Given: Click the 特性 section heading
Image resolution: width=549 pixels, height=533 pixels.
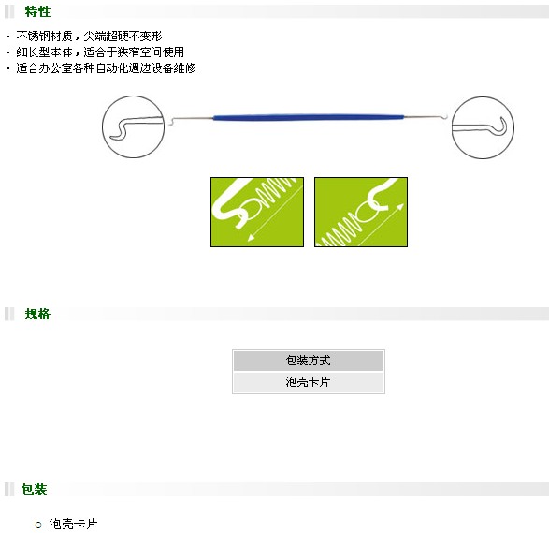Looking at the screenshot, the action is pos(37,11).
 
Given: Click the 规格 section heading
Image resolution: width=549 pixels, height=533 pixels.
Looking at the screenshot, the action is pos(37,314).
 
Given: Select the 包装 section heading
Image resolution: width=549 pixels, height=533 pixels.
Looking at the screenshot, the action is pos(34,489).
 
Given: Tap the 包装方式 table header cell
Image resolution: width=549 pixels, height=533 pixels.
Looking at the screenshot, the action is pos(308,361).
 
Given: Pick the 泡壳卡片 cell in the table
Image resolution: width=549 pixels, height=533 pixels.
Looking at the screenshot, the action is pos(308,382).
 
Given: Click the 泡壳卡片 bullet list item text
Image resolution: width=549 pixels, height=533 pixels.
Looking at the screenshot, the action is pos(73,524).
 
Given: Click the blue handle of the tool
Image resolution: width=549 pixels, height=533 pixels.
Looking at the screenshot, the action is pos(308,117).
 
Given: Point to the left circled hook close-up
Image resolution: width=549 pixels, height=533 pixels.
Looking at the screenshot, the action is pos(133,127).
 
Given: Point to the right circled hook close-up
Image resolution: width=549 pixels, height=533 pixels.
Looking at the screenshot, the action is pos(483,127).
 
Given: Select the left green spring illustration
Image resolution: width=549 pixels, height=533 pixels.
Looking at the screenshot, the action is pos(257,212).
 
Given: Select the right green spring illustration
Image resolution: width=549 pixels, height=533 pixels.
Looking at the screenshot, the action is pos(361,212).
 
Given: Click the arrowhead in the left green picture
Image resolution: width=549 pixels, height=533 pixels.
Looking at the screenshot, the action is pos(251,238).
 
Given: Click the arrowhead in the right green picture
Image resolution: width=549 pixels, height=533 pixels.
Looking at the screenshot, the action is pos(400,207).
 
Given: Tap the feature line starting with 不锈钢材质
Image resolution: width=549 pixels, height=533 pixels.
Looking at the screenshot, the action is pos(89,37).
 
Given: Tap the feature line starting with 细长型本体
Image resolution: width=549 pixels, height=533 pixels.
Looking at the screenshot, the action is pos(100,52).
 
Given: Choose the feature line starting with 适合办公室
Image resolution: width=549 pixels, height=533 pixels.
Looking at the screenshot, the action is pos(106,68).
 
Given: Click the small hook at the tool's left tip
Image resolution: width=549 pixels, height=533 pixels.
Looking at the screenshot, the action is pos(170,122).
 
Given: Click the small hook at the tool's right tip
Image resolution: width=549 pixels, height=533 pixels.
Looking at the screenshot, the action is pos(445,116).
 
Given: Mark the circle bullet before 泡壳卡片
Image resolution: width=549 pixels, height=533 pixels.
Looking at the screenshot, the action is pos(38,525).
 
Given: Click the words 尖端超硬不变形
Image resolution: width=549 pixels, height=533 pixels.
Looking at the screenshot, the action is pos(123,37).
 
